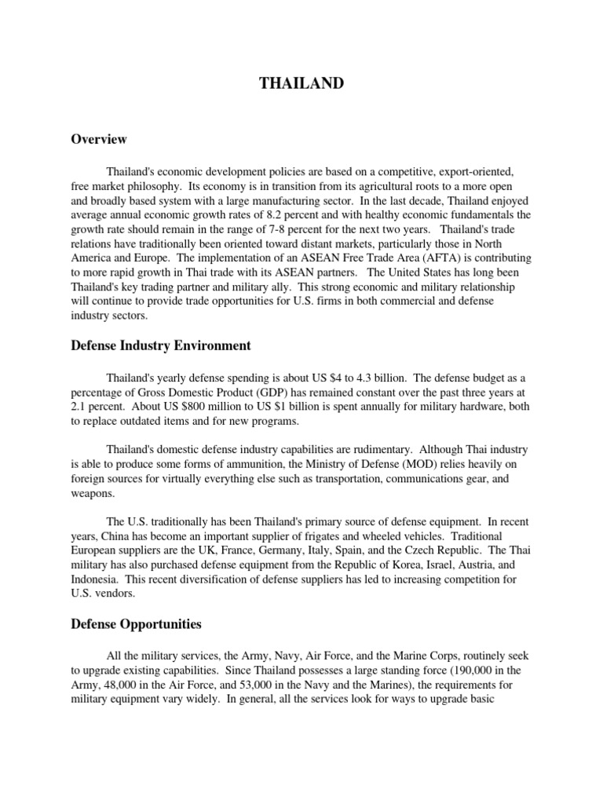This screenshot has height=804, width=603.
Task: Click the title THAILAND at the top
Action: [x=301, y=83]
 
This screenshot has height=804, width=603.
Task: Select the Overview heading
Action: [x=99, y=139]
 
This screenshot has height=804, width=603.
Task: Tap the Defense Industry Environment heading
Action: [x=161, y=345]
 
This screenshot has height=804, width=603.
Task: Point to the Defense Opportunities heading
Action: [x=136, y=624]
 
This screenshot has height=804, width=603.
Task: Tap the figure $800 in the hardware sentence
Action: [x=196, y=407]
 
